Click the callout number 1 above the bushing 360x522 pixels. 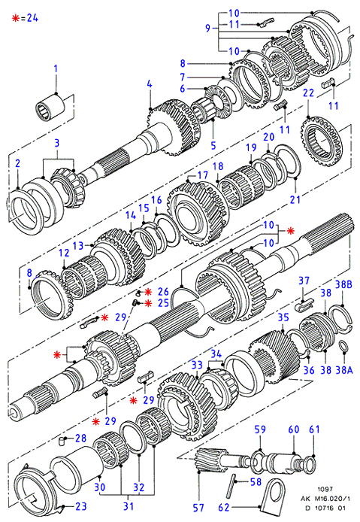coord(56,69)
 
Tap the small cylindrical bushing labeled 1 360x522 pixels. coord(50,106)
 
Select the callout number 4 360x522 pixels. coord(150,84)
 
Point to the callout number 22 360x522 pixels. coord(308,93)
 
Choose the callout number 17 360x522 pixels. coord(203,175)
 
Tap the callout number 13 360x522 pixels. coord(78,246)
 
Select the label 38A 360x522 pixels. coord(343,369)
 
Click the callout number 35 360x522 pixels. coord(283,317)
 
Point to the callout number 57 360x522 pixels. coord(198,508)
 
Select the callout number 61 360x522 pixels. coord(314,429)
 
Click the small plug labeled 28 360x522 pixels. coord(61,441)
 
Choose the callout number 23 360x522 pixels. coord(81,506)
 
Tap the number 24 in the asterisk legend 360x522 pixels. coord(32,17)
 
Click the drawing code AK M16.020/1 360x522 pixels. coord(325,499)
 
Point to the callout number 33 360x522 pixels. coord(197,365)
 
